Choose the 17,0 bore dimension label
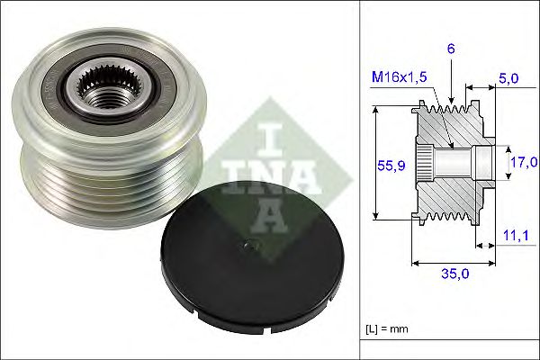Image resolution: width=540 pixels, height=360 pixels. click(523, 162)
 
